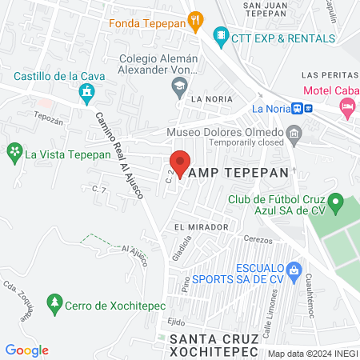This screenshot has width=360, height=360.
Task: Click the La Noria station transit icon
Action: tap(302, 108)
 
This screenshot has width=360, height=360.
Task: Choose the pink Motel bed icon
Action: tap(346, 105)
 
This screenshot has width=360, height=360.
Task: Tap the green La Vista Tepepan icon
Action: tap(14, 151)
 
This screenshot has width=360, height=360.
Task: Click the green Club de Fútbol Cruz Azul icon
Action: tap(336, 201)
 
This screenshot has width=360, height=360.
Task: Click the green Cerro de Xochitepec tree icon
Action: tap(54, 303)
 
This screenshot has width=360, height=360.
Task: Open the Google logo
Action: tap(26, 350)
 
